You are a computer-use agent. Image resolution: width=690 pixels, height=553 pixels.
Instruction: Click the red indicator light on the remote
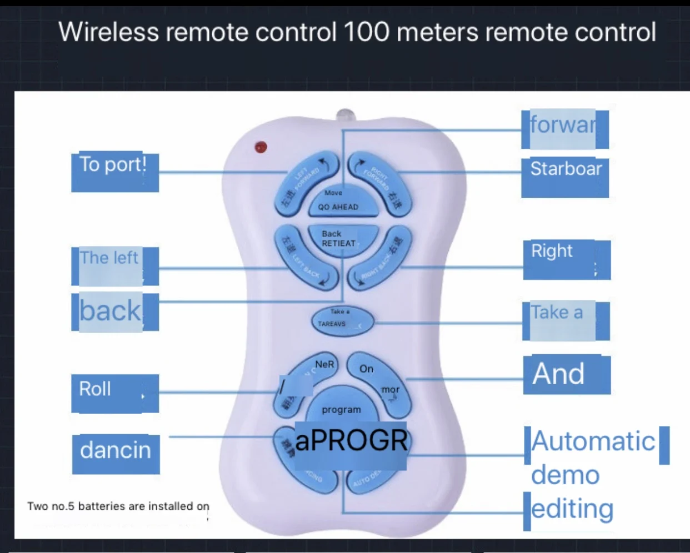tap(261, 147)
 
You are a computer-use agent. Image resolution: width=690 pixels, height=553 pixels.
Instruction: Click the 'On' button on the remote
tap(366, 369)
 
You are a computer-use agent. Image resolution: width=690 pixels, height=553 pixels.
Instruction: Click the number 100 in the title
tap(367, 32)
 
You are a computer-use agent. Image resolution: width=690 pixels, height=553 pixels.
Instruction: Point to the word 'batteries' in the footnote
tap(102, 506)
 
